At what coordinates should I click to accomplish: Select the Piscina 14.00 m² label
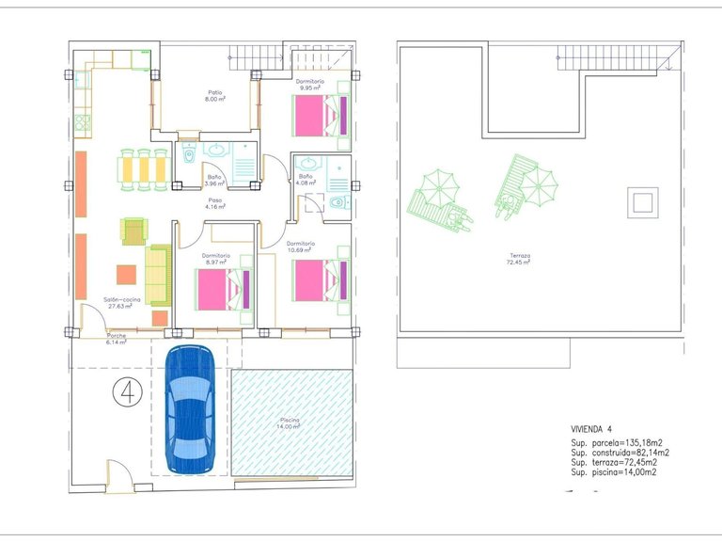[290, 423]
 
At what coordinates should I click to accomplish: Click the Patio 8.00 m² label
[215, 95]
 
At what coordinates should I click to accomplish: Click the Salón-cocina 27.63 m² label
[118, 302]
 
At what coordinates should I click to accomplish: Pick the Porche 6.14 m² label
[117, 339]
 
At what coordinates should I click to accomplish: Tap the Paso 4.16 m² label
[215, 203]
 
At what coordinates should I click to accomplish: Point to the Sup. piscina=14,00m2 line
[614, 472]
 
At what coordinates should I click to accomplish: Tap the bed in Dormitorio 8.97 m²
[223, 288]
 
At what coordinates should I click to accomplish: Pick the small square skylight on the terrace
[642, 202]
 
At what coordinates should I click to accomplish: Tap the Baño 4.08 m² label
[306, 180]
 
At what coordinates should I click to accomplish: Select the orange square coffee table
[126, 275]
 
